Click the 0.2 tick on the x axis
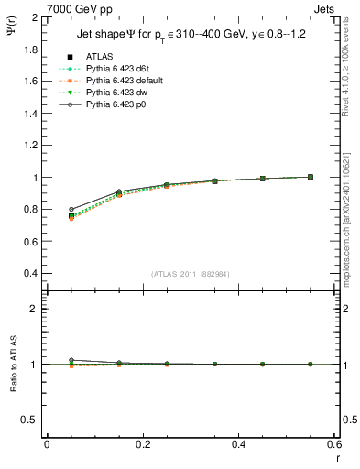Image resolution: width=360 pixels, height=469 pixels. [x=143, y=444]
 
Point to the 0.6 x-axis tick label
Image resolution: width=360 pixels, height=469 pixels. [x=335, y=444]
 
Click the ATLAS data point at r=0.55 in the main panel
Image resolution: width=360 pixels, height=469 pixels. [x=311, y=177]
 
